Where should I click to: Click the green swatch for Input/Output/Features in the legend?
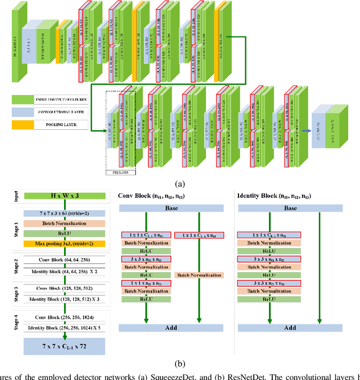pyautogui.click(x=24, y=99)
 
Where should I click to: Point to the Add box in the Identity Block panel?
pyautogui.click(x=290, y=327)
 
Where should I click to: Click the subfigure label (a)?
pyautogui.click(x=179, y=184)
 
